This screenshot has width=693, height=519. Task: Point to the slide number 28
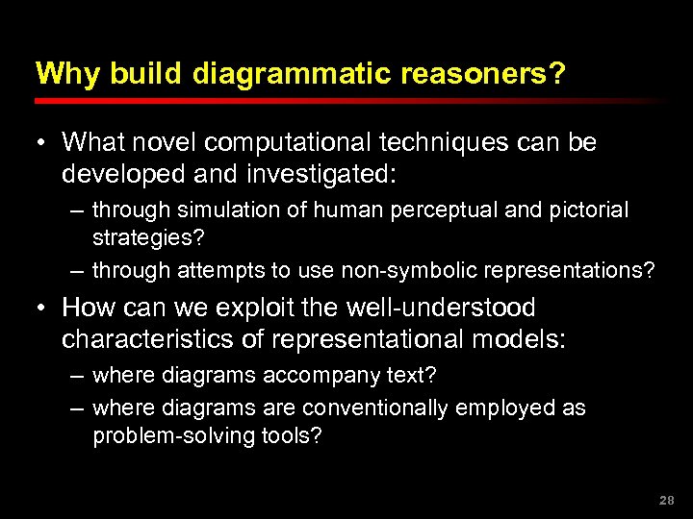[x=667, y=501]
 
